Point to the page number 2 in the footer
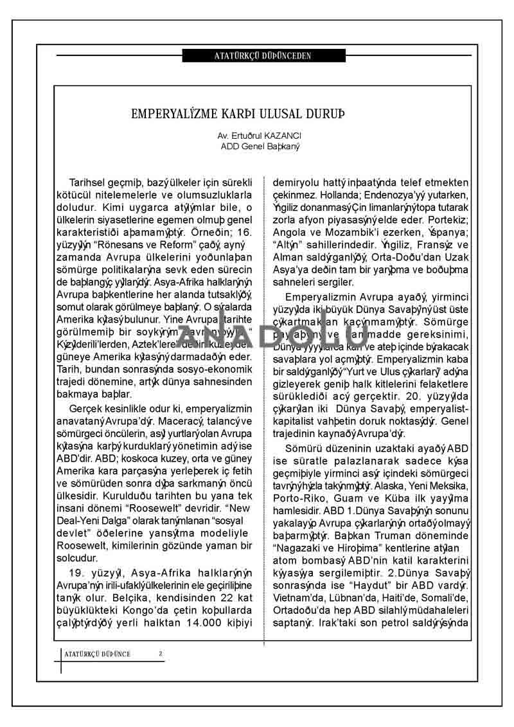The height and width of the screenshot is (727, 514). point(160,654)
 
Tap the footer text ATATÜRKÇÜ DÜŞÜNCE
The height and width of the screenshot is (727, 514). point(98,654)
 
